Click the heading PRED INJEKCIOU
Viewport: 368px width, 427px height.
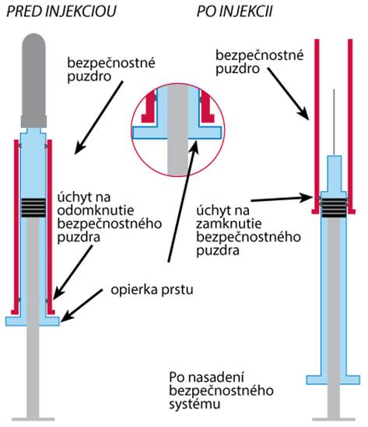(x=61, y=12)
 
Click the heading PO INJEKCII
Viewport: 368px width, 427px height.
(x=234, y=12)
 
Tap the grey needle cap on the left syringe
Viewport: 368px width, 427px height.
(x=33, y=81)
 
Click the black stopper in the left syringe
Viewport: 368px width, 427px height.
(x=33, y=207)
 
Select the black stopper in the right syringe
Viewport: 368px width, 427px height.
(x=334, y=208)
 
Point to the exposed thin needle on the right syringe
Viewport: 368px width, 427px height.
(x=334, y=122)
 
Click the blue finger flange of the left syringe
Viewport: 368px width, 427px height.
(x=33, y=321)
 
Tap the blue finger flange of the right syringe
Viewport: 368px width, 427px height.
(x=333, y=380)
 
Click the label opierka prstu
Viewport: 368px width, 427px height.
(x=152, y=290)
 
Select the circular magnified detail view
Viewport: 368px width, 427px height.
(x=177, y=130)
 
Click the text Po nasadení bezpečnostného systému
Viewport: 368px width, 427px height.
(x=221, y=391)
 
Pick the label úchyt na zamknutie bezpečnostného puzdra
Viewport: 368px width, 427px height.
(x=248, y=230)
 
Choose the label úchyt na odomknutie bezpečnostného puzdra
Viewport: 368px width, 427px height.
(x=110, y=217)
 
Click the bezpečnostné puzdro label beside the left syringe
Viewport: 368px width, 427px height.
(x=111, y=69)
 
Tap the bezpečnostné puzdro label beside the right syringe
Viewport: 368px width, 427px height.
(x=259, y=62)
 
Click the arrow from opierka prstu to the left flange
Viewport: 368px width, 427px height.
(x=82, y=305)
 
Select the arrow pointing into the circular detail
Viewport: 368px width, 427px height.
(x=183, y=202)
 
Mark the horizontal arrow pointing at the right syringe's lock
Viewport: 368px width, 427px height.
(x=282, y=198)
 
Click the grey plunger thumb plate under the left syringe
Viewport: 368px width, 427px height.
(x=33, y=419)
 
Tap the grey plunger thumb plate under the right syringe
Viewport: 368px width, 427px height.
(x=334, y=419)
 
